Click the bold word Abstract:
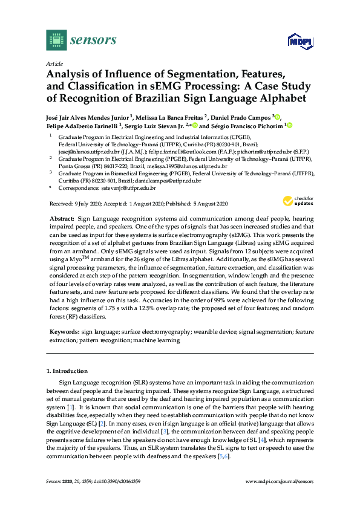61,217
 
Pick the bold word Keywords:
64,332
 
